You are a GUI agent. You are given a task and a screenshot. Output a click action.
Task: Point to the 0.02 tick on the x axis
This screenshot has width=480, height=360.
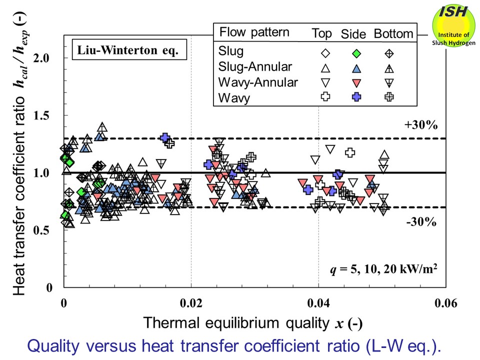click(x=191, y=303)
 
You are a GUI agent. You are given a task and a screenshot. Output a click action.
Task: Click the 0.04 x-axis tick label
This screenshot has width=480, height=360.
click(x=319, y=303)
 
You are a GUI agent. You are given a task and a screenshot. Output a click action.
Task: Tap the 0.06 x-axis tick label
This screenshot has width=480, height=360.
click(x=446, y=303)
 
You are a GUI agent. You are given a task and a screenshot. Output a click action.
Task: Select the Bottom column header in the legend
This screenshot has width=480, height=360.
click(x=393, y=34)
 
